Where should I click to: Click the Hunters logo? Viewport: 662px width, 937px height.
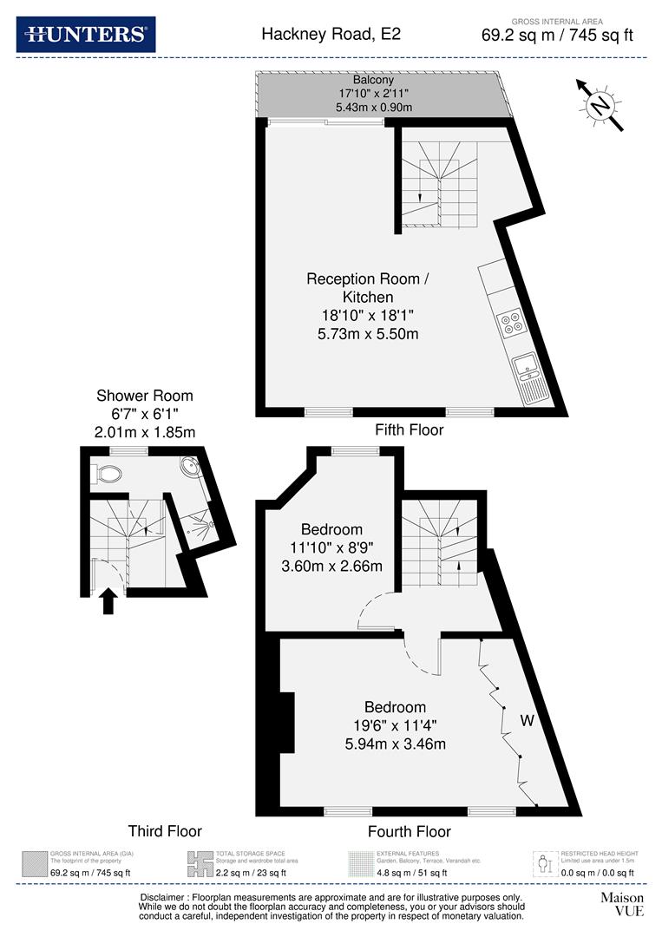pos(86,34)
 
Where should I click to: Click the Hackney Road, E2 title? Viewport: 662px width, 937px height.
pos(331,35)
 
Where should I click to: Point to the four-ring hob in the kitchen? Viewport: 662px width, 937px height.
pos(511,324)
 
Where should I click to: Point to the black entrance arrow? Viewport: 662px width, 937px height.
pos(108,601)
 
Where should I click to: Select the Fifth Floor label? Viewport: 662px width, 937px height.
pos(409,429)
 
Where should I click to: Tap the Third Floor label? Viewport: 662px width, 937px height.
pos(165,830)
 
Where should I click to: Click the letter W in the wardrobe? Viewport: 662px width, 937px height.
pos(528,720)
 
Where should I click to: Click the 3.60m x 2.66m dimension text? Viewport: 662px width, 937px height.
pos(331,567)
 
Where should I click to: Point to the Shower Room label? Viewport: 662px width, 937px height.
pos(145,396)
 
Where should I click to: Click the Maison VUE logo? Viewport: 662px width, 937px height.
pos(622,904)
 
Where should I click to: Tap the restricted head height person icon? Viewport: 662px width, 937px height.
pos(544,863)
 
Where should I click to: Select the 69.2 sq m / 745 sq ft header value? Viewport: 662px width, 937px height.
pos(557,36)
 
